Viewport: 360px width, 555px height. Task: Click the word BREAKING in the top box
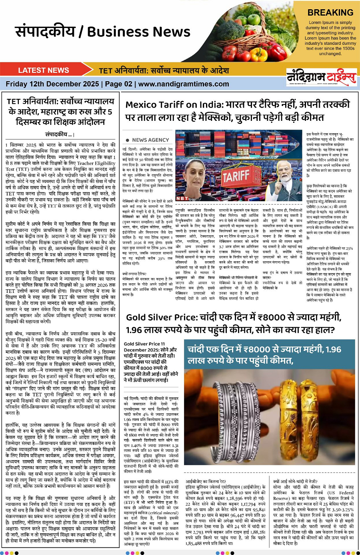[x=330, y=12]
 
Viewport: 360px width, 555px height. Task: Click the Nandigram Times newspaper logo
[x=321, y=76]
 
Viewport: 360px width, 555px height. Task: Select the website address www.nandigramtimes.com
[x=184, y=84]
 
